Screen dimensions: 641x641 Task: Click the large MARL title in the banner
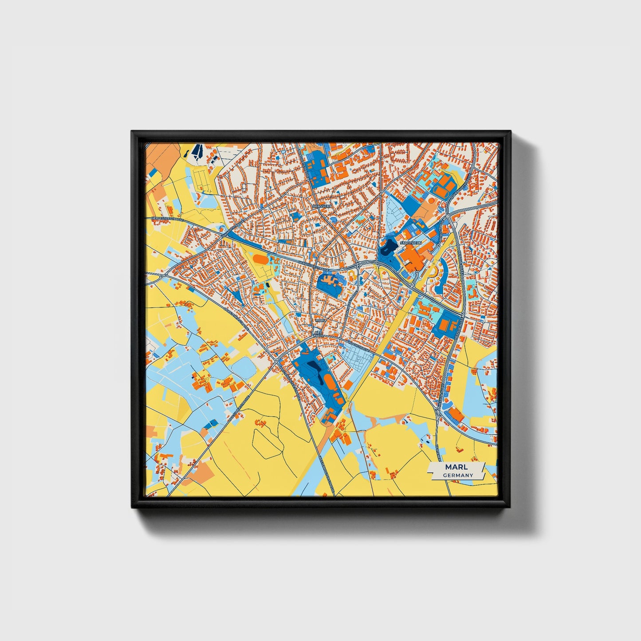click(456, 468)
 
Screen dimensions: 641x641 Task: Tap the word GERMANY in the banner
click(458, 475)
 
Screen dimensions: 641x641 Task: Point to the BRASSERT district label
click(322, 206)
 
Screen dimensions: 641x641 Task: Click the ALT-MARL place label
click(318, 334)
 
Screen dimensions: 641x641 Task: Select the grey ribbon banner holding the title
click(456, 471)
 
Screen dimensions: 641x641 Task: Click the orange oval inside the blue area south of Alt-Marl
click(329, 381)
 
